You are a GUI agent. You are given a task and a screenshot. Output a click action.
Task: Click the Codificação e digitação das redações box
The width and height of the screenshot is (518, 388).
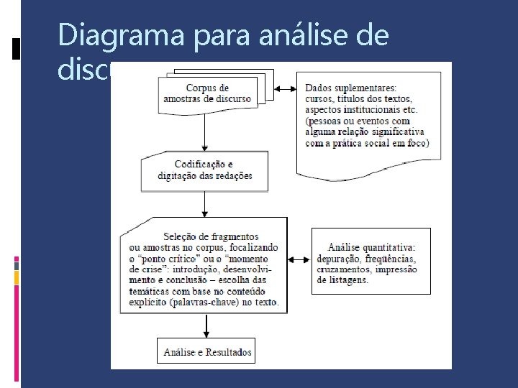pyautogui.click(x=204, y=171)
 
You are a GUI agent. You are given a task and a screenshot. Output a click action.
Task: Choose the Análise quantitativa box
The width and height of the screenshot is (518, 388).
pyautogui.click(x=371, y=259)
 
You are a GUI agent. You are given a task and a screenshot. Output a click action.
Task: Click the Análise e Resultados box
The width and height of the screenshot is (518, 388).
pyautogui.click(x=207, y=352)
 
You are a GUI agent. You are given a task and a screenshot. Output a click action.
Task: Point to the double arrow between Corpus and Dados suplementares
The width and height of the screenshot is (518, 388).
pyautogui.click(x=287, y=89)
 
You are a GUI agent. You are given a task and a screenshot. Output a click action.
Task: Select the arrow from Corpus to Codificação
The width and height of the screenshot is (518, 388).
pyautogui.click(x=205, y=133)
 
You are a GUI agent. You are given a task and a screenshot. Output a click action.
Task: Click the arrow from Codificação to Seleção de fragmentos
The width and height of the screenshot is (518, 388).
pyautogui.click(x=205, y=204)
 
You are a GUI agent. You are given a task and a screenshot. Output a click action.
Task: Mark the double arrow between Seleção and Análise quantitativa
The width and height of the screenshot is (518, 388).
pyautogui.click(x=299, y=259)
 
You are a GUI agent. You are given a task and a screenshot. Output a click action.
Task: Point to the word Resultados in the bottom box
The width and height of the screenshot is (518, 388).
pyautogui.click(x=229, y=352)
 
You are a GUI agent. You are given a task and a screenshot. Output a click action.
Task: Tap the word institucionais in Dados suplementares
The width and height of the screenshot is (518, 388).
pyautogui.click(x=368, y=109)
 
